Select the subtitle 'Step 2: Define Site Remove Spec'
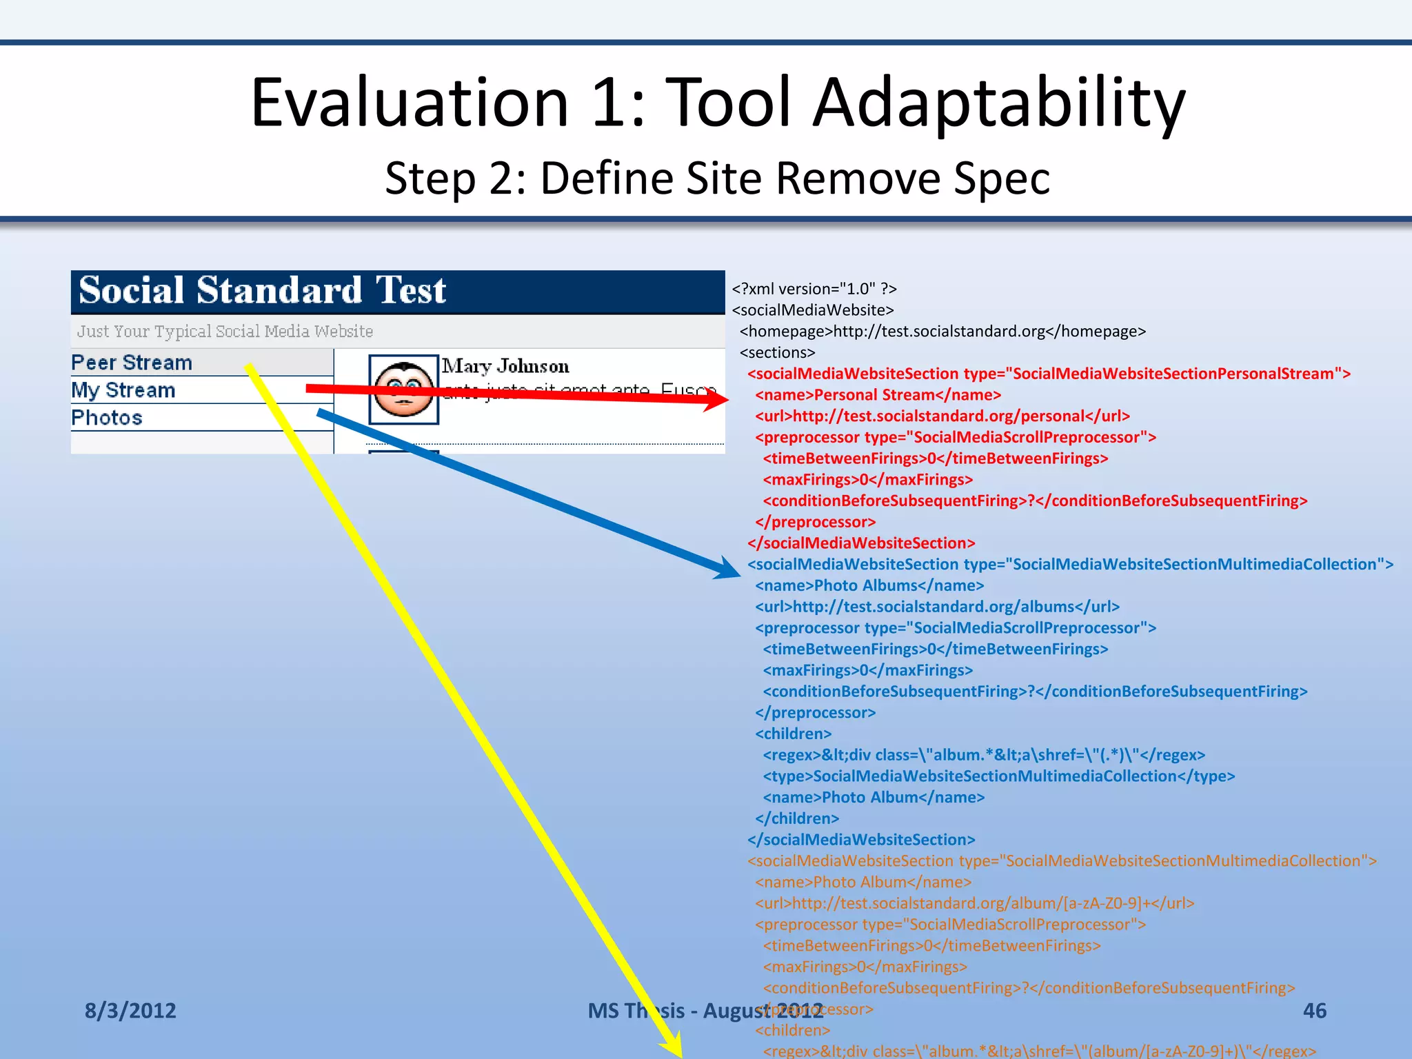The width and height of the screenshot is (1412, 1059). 717,178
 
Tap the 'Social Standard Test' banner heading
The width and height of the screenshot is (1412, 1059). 262,290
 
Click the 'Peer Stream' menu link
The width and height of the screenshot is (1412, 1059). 132,363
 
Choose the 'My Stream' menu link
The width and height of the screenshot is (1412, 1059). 123,390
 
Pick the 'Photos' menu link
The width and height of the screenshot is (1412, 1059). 107,418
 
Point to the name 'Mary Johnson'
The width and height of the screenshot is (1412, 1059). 505,366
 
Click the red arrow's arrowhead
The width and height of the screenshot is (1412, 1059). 717,399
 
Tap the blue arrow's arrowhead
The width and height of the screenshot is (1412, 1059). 727,569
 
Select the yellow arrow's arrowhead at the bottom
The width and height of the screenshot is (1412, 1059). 672,1045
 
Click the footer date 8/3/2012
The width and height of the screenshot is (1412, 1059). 130,1011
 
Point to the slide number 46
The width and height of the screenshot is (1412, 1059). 1314,1011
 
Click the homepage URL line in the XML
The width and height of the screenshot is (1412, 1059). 942,332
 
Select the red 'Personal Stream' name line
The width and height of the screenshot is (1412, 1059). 878,395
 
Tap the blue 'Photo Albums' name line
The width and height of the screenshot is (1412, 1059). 869,585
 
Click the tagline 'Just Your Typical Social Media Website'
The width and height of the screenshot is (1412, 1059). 225,332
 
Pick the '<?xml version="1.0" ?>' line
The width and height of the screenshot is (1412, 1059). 814,289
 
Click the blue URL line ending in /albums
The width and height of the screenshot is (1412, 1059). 937,607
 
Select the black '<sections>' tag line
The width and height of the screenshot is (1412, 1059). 777,353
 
